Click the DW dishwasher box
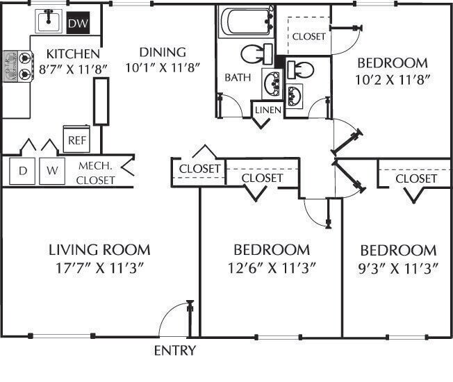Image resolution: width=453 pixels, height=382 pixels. [77, 24]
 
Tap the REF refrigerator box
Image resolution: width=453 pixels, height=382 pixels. [75, 139]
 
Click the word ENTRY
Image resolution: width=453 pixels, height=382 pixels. [174, 351]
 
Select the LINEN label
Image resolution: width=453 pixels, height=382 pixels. [267, 110]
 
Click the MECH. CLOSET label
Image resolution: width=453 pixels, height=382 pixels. [96, 173]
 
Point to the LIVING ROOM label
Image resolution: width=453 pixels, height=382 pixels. [99, 249]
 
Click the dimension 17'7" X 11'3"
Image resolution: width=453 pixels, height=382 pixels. [99, 267]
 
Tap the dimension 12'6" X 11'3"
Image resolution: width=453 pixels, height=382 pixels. [271, 267]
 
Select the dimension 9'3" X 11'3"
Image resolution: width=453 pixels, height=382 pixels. [398, 267]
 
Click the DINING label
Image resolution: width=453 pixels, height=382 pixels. [162, 52]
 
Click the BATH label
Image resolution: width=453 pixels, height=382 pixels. [237, 78]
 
